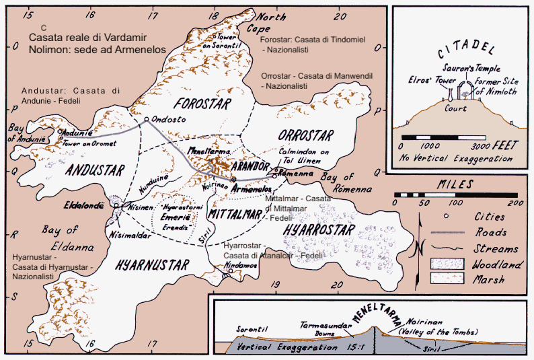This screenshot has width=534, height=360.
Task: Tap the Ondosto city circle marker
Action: [147, 120]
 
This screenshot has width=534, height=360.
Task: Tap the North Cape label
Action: [273, 23]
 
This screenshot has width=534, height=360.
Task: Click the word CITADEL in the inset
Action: [459, 50]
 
